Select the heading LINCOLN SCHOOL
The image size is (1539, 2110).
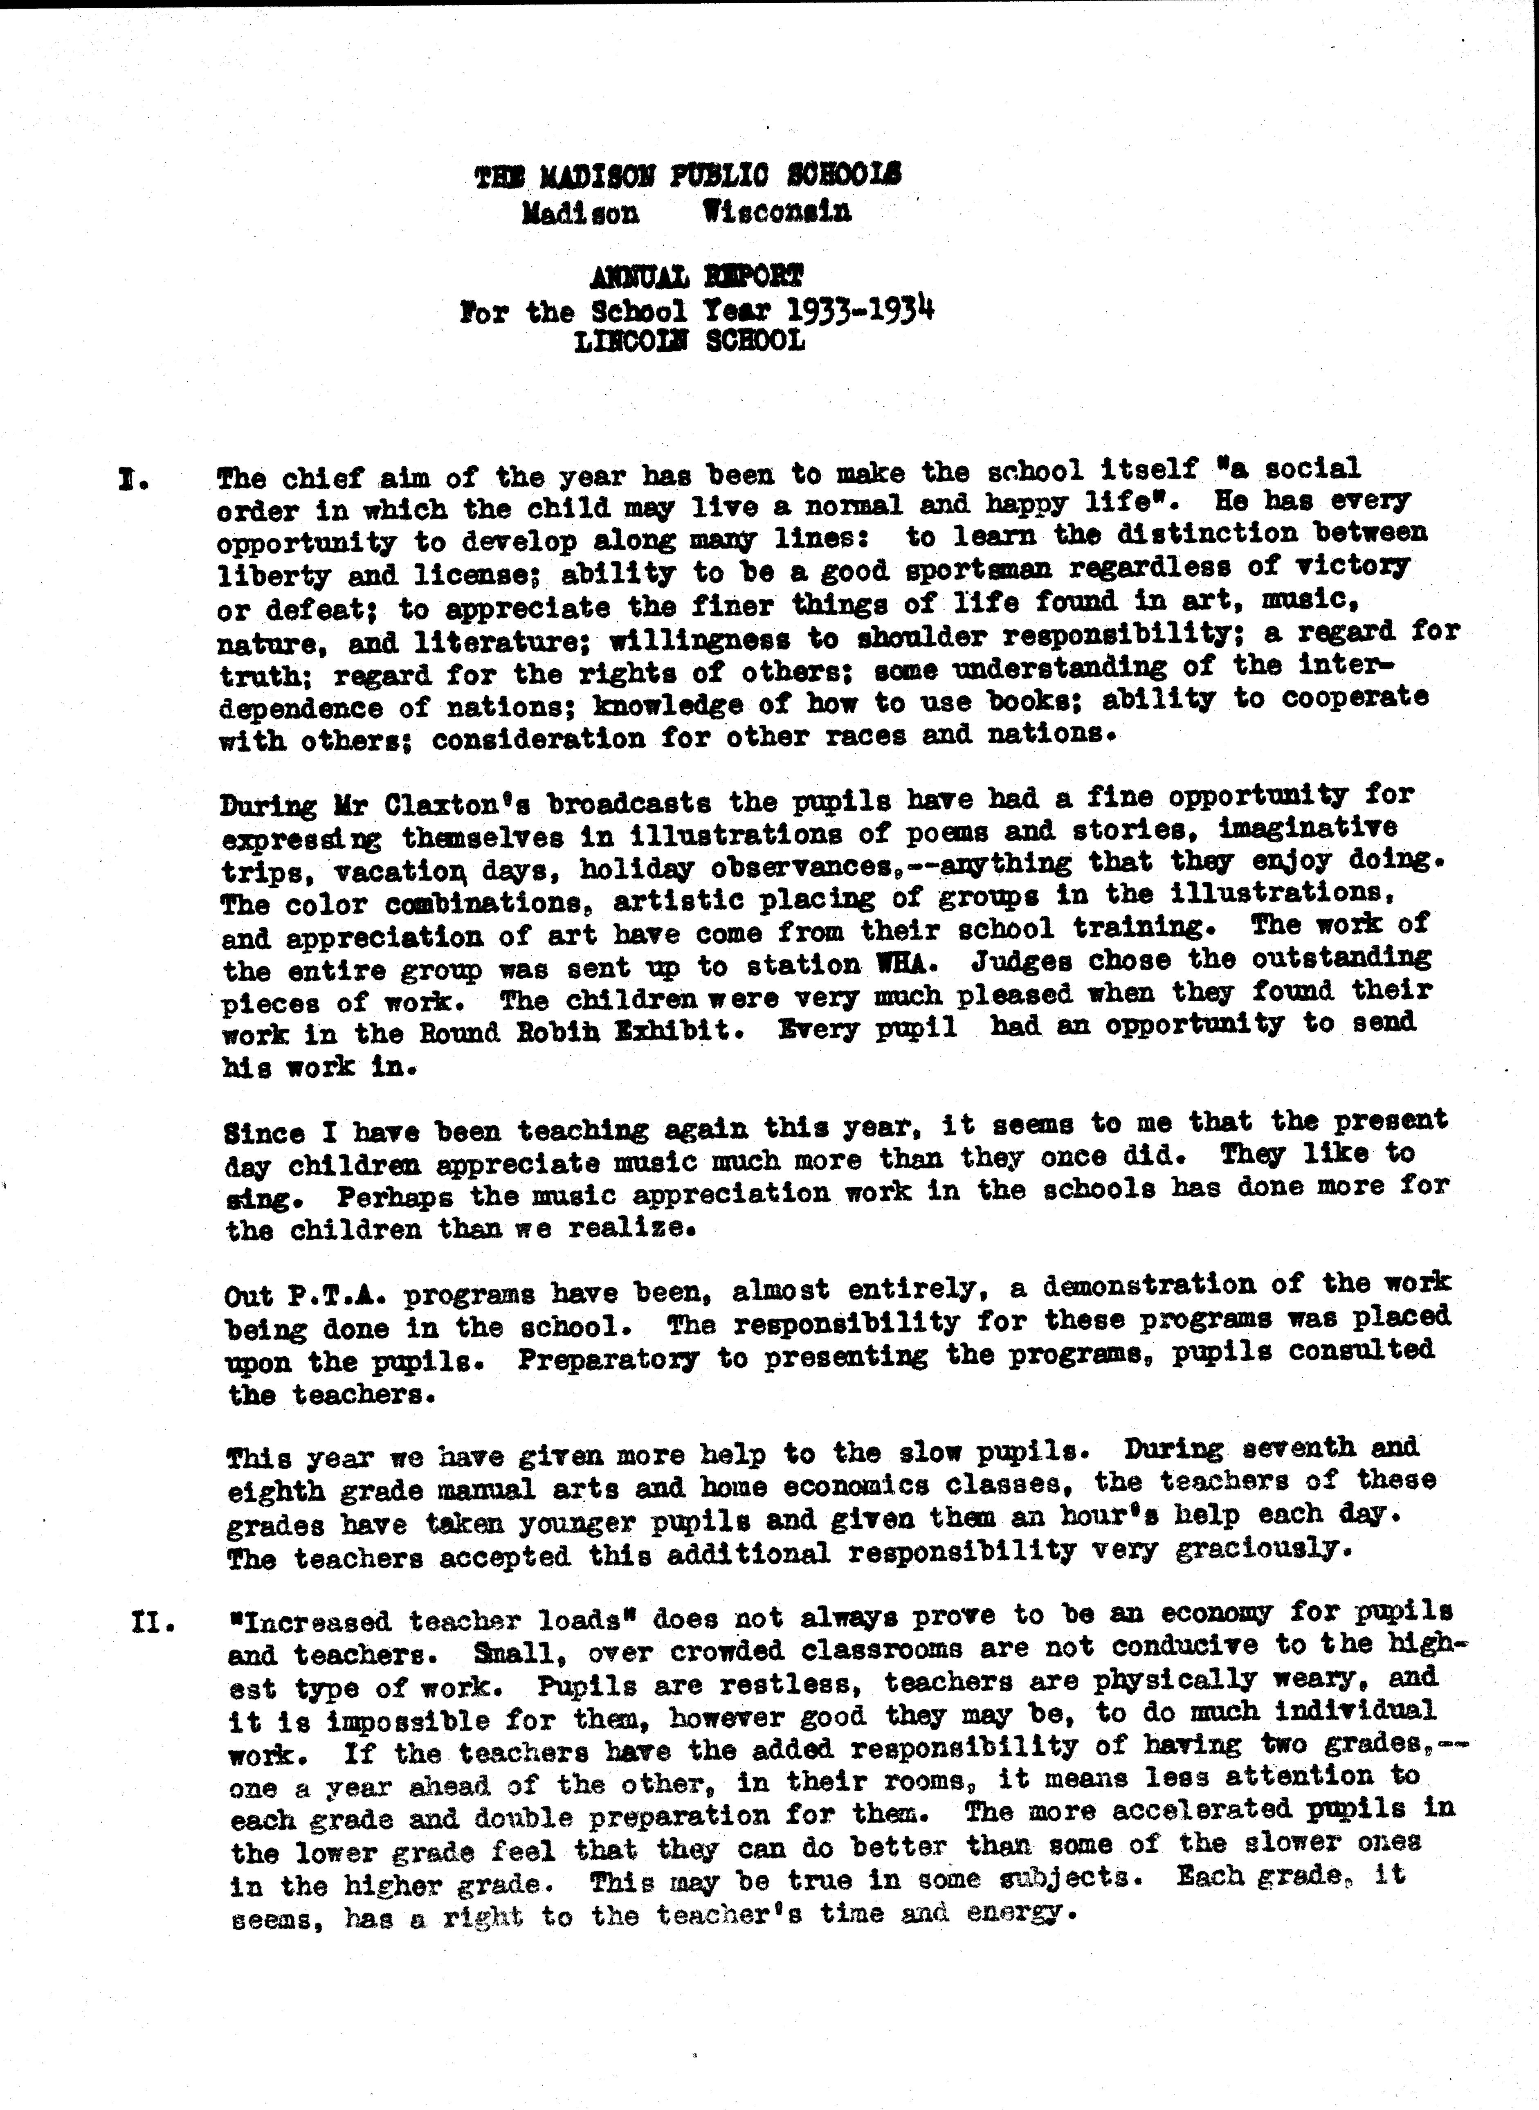pyautogui.click(x=690, y=341)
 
